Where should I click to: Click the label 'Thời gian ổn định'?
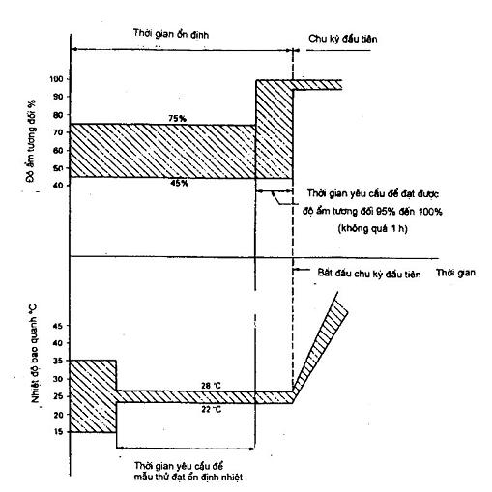(x=171, y=34)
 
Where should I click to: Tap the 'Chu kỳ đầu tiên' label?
(x=343, y=39)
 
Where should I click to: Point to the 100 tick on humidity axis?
(x=57, y=79)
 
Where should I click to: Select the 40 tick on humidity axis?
(x=60, y=186)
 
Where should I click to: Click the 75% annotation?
(x=178, y=119)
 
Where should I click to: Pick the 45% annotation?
(x=180, y=183)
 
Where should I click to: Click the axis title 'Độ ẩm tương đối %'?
(x=31, y=141)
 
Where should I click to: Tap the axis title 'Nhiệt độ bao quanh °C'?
(x=35, y=353)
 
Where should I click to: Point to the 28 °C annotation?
(x=211, y=386)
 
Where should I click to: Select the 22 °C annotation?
(x=212, y=410)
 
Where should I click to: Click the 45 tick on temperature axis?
(x=59, y=326)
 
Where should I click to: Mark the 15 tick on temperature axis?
(x=59, y=432)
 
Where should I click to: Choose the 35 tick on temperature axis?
(x=59, y=361)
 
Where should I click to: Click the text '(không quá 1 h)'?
(x=373, y=229)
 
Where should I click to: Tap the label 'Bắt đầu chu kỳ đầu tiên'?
(x=369, y=274)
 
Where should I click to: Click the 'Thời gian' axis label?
(x=455, y=273)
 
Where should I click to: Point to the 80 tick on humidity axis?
(x=60, y=115)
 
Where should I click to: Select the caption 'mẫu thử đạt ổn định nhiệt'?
(x=188, y=477)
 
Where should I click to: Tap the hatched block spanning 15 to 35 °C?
(x=93, y=396)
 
